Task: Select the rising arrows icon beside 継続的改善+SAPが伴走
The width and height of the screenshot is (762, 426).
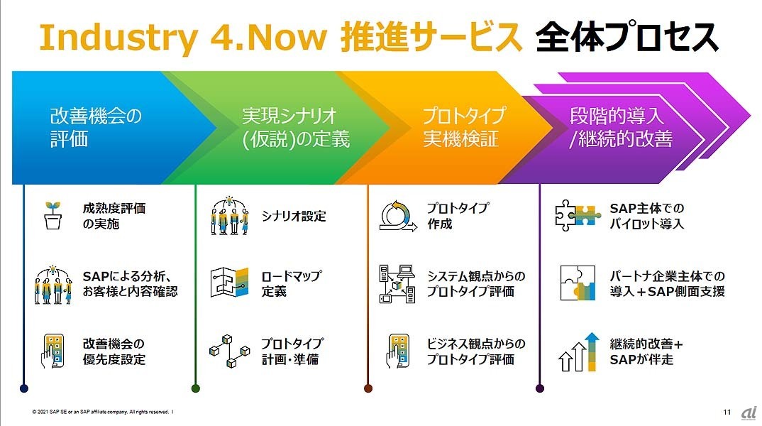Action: tap(577, 352)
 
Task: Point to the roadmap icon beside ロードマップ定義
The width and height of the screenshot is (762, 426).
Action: tap(228, 283)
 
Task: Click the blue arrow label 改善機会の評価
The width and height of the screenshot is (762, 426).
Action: tap(96, 126)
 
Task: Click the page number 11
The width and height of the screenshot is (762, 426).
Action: tap(727, 411)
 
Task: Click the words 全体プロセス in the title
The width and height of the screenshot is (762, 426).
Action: tap(626, 37)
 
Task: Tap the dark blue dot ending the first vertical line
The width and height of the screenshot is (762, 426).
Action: tap(24, 388)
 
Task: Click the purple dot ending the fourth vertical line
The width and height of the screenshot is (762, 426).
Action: tap(540, 388)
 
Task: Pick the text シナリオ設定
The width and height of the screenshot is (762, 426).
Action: tap(294, 216)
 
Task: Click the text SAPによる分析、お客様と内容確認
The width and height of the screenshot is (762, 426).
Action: tap(129, 283)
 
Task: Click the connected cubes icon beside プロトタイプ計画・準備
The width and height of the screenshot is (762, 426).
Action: tap(228, 351)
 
